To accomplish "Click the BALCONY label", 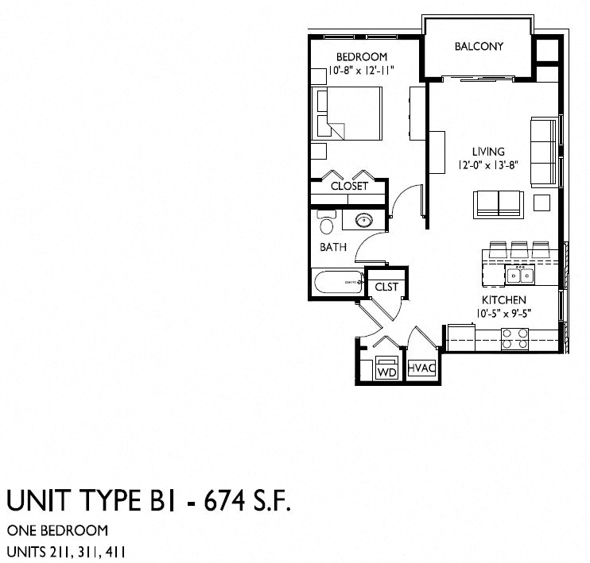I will pos(479,46).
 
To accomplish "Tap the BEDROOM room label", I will pos(362,57).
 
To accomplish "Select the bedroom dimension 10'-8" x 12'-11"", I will pos(362,71).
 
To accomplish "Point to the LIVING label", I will pos(488,152).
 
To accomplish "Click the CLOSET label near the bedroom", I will pos(349,186).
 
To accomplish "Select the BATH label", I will pos(333,247).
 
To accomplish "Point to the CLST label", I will pos(386,286).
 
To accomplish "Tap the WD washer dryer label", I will pos(386,371).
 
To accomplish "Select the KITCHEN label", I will pos(503,299).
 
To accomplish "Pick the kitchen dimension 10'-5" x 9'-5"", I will pos(503,313).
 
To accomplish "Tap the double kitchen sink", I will pos(521,275).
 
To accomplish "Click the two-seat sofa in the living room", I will pos(498,203).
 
